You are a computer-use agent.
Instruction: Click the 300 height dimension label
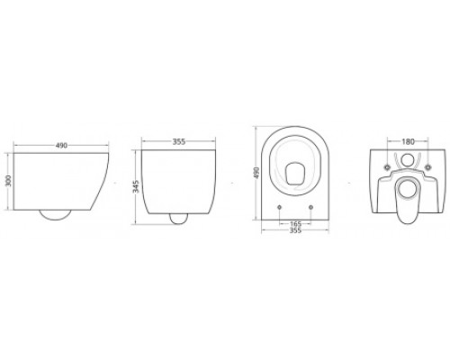(x=9, y=181)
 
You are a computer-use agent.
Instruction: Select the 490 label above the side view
(x=61, y=146)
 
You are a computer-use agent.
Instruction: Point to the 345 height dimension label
(x=136, y=186)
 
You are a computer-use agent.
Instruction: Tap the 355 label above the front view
(x=179, y=141)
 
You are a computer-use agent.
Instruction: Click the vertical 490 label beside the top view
(x=256, y=173)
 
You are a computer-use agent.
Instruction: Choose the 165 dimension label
(x=295, y=224)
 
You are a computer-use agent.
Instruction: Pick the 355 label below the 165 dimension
(x=295, y=230)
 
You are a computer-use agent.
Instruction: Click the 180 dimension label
(x=408, y=141)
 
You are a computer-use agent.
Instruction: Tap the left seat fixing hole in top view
(x=280, y=207)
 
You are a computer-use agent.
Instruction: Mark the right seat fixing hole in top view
(x=310, y=207)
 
